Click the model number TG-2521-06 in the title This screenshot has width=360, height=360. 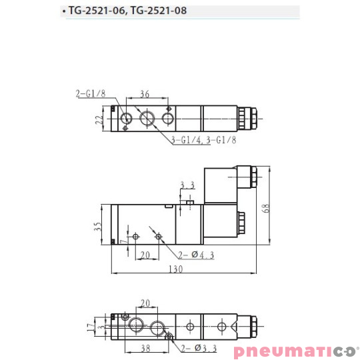pos(99,11)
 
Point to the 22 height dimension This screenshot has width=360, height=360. pos(99,120)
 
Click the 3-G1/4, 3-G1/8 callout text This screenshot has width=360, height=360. pos(204,141)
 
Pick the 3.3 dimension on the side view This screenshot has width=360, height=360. pos(187,185)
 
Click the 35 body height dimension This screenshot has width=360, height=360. pos(99,226)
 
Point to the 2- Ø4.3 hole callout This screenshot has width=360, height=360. pos(195,254)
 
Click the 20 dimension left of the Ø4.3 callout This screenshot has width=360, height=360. pos(145,254)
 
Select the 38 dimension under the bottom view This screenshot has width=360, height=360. pos(145,347)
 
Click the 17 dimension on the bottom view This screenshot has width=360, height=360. pos(97,327)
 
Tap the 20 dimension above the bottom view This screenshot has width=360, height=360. pos(146,303)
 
